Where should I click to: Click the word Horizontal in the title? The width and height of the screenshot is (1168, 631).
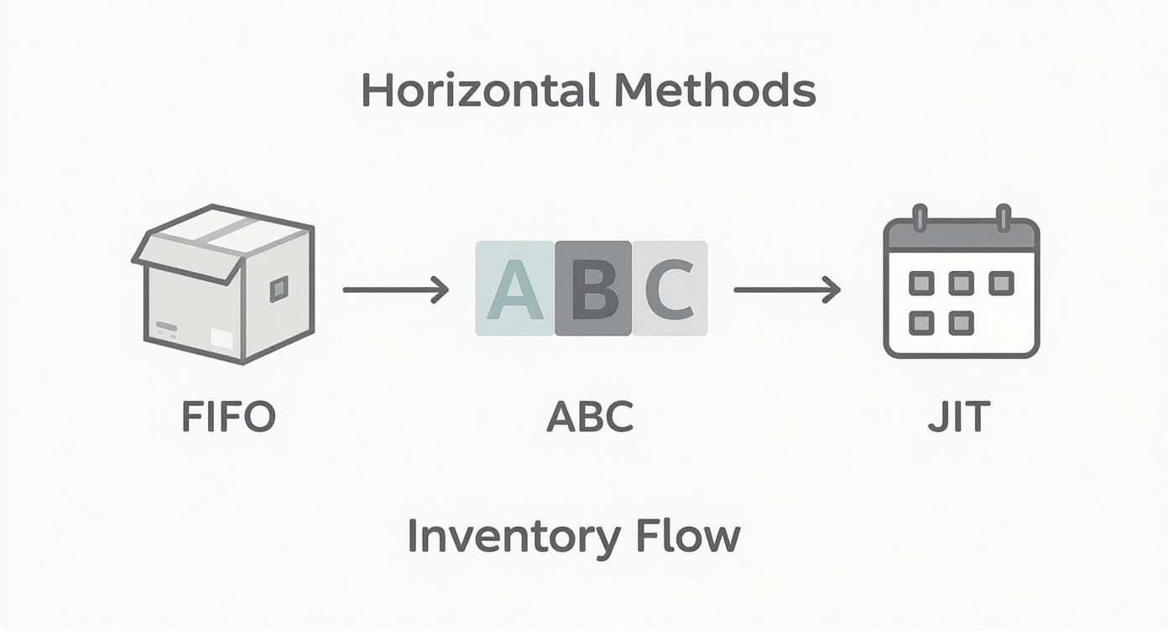coord(474,90)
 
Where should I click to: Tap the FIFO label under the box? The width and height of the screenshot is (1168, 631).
coord(229,416)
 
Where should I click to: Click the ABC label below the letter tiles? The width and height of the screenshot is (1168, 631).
coord(590,416)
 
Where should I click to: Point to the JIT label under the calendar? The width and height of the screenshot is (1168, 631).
coord(959,416)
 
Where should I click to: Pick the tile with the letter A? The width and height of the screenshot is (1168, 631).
coord(514,289)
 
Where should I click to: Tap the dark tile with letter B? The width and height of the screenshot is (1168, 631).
coord(592,289)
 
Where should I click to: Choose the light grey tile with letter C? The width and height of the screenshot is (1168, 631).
coord(670,289)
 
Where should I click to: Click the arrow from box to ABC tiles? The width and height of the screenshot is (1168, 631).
coord(395,290)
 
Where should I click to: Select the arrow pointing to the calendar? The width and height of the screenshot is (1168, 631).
coord(786,290)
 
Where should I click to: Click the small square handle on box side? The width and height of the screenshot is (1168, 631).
coord(279,289)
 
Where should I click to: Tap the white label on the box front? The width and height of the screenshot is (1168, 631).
coord(222,339)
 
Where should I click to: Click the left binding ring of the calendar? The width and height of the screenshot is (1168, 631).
coord(920,217)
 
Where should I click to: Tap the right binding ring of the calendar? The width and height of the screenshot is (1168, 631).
coord(1003,217)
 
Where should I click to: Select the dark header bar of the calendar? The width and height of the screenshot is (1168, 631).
coord(962,236)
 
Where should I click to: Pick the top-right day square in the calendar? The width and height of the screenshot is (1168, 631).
coord(1001,283)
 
